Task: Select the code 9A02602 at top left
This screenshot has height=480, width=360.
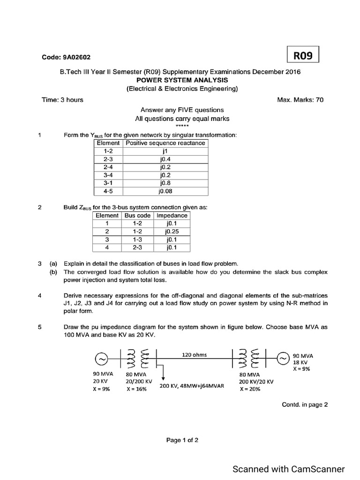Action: pos(66,57)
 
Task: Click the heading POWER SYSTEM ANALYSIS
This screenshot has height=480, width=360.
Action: pos(182,80)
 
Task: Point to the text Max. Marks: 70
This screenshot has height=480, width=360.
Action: pos(300,100)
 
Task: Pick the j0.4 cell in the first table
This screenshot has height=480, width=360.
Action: pos(165,159)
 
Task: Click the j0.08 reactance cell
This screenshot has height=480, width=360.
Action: pos(165,191)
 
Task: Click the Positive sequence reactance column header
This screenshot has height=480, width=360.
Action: pos(165,143)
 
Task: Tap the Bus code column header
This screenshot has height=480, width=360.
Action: pos(137,216)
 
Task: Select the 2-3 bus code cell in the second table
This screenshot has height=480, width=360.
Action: pos(137,247)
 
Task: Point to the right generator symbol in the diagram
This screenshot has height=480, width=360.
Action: pos(283,359)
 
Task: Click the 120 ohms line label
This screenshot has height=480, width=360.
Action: pos(194,355)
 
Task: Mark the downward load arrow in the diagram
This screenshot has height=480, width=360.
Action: pos(163,373)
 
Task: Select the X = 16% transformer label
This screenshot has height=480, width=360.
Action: pos(136,390)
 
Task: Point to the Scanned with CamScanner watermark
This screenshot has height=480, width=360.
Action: pos(289,469)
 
